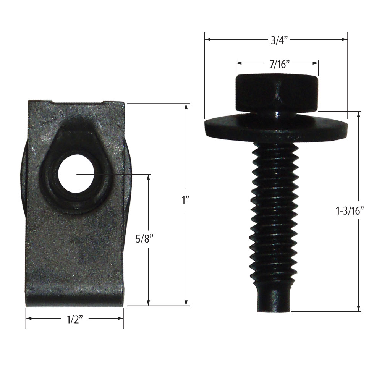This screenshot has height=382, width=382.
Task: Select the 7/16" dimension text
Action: (x=277, y=64)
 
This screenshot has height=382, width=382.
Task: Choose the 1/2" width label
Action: (x=75, y=320)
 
